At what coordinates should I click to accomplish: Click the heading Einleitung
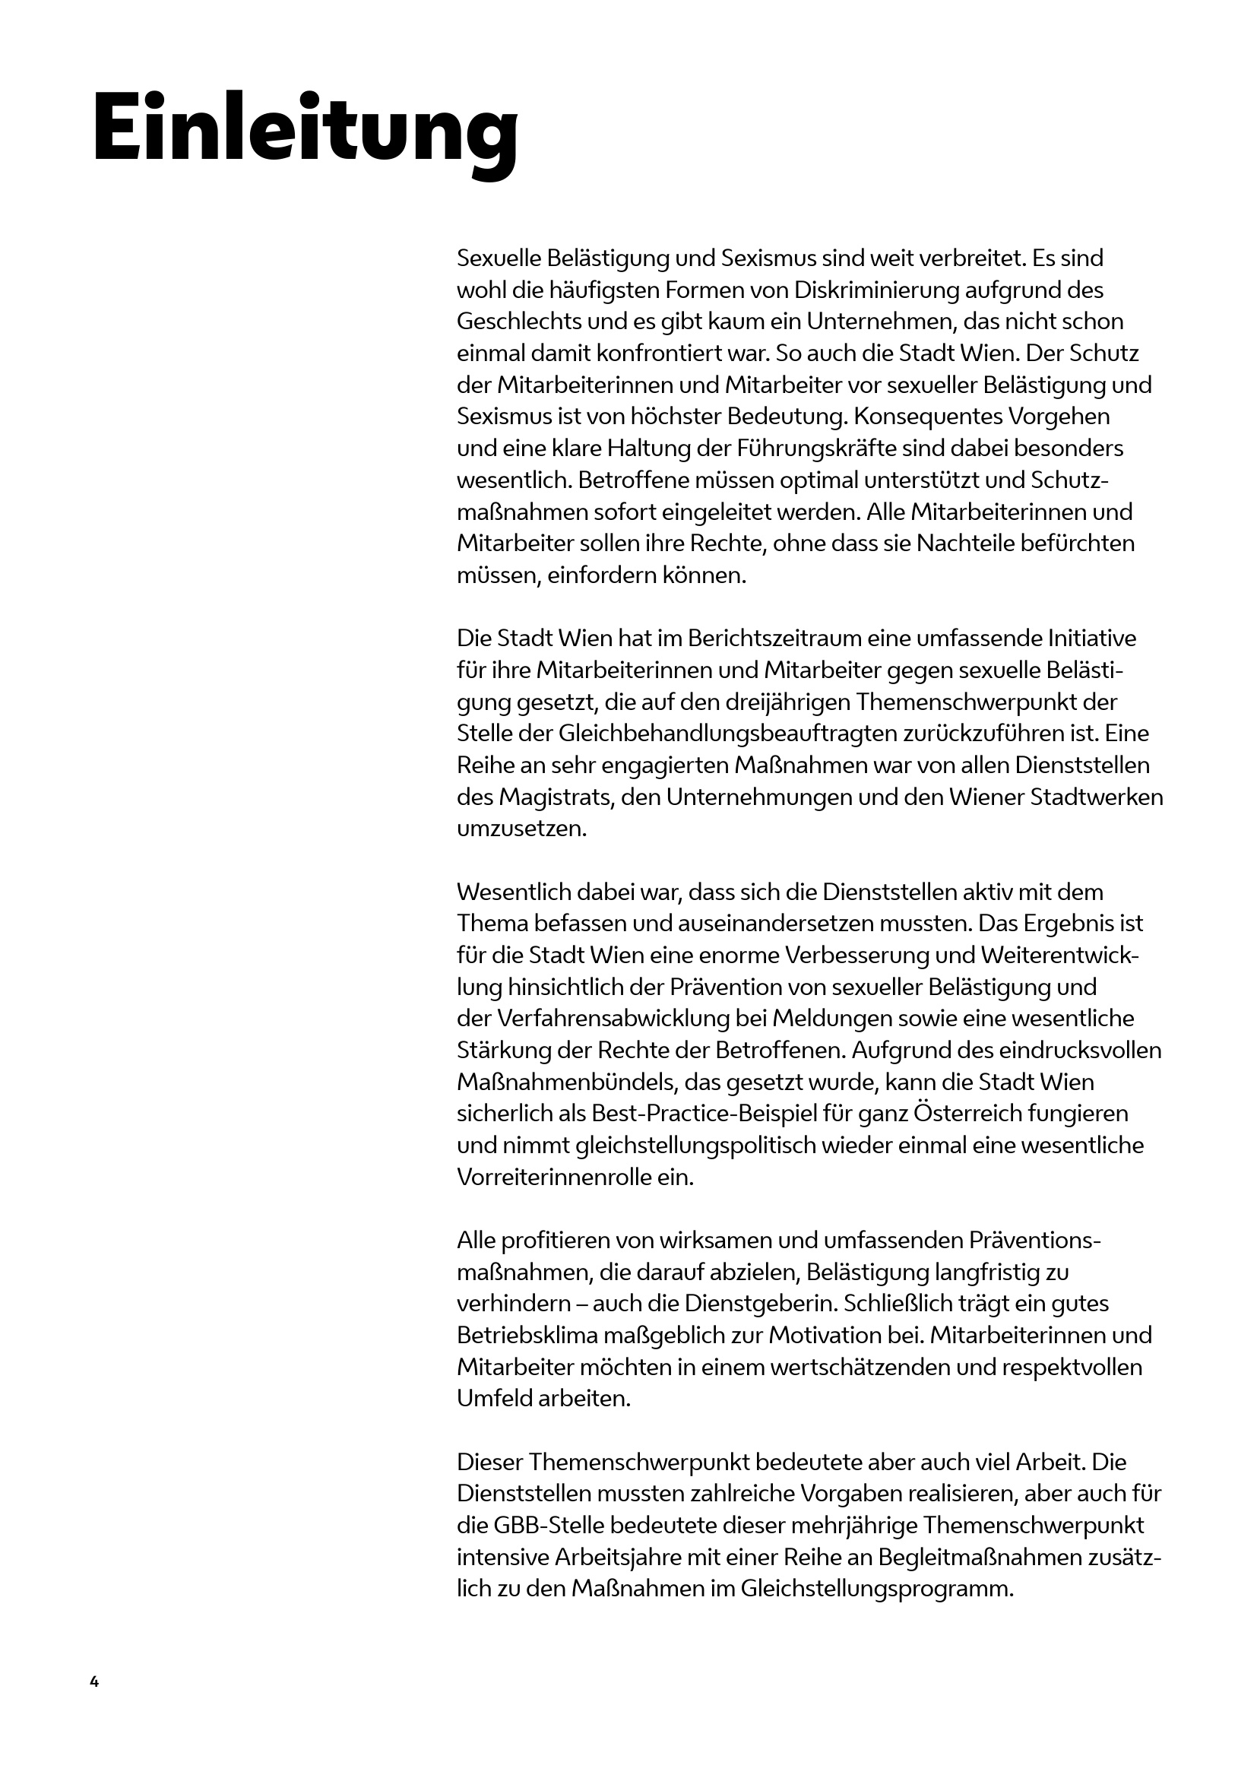click(305, 128)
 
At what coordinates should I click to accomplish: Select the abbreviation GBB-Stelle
click(530, 1526)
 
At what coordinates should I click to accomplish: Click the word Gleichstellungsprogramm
click(876, 1589)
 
